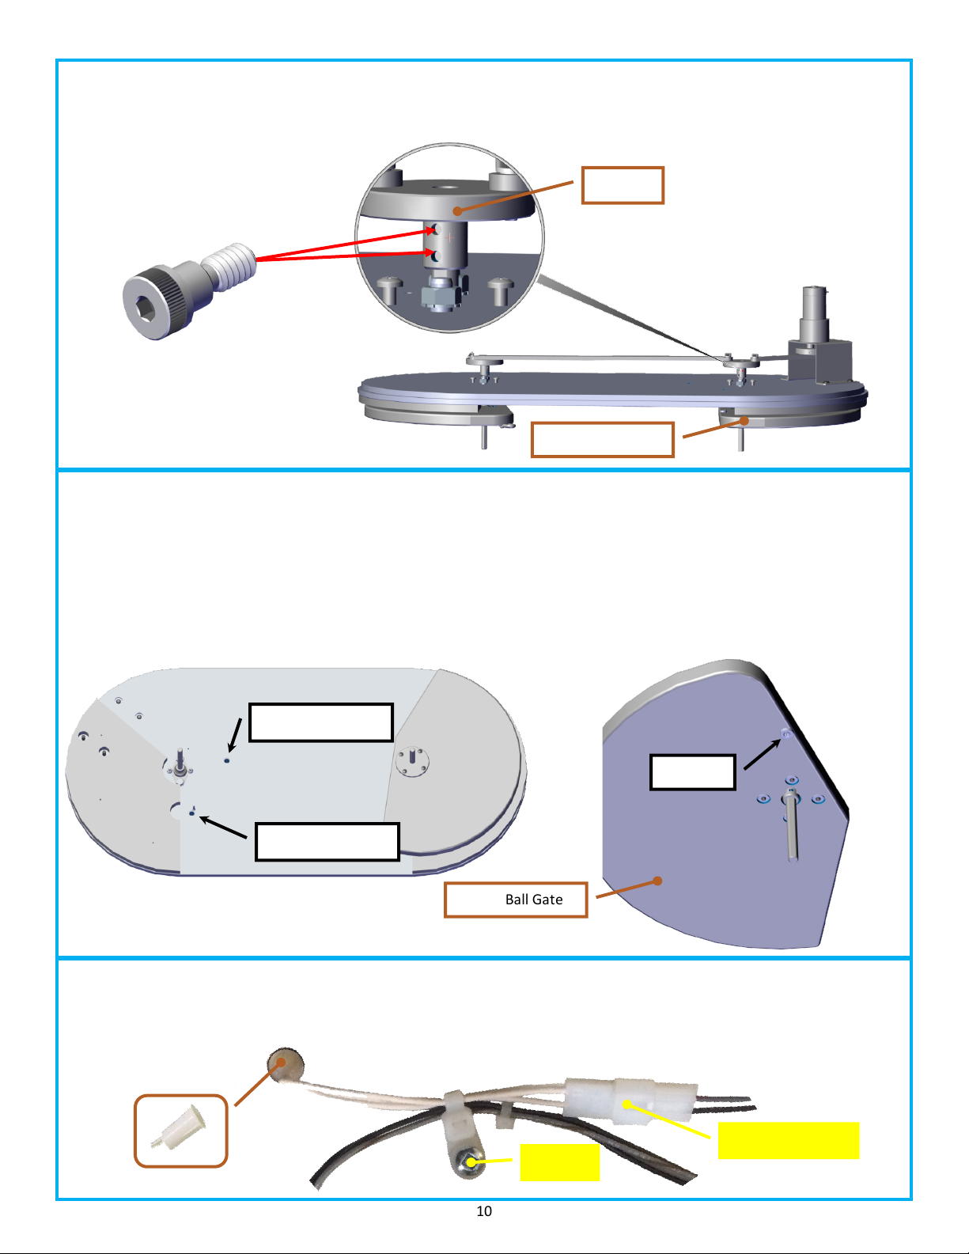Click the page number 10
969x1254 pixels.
click(484, 1210)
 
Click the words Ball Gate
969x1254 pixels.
click(533, 899)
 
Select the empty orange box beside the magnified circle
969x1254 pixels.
click(623, 185)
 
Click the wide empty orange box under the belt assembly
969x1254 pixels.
click(602, 440)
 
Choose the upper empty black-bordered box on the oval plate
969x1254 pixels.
click(321, 722)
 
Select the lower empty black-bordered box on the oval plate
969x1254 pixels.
click(327, 842)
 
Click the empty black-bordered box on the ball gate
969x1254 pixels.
click(693, 771)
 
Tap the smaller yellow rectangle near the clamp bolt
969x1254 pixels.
click(559, 1162)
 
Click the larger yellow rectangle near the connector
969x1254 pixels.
click(789, 1140)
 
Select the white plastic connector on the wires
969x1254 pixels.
click(631, 1101)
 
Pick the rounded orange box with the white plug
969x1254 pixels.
click(181, 1131)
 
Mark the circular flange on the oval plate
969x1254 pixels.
click(412, 761)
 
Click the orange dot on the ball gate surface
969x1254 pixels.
click(657, 881)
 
